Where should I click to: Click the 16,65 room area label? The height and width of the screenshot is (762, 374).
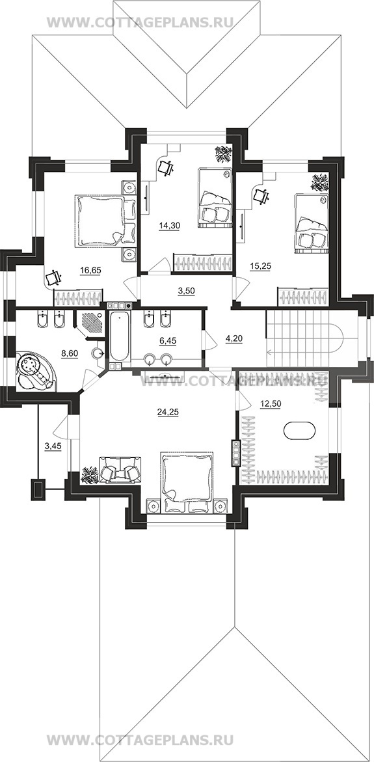[x=91, y=270]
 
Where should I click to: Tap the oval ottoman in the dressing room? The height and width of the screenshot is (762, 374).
[x=299, y=431]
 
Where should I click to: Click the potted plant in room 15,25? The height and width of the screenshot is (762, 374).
[x=319, y=182]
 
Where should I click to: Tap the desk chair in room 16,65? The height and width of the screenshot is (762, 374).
[x=53, y=278]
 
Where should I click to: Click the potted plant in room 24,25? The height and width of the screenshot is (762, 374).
[x=89, y=475]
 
